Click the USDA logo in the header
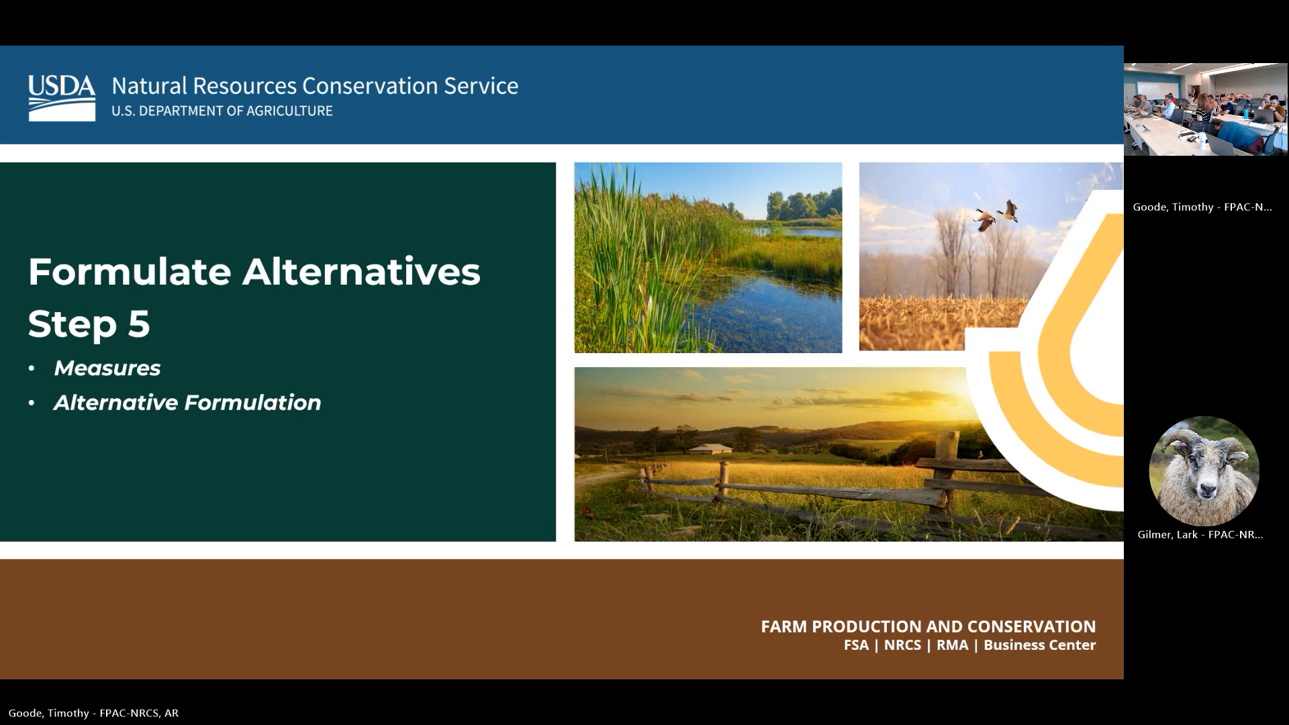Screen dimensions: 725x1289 click(x=62, y=97)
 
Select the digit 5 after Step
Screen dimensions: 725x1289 click(x=138, y=324)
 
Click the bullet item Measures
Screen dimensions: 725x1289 click(x=107, y=368)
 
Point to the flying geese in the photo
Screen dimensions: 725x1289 click(x=997, y=215)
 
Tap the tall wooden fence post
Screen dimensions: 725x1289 click(x=947, y=470)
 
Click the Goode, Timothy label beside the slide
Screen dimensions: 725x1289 click(x=1202, y=207)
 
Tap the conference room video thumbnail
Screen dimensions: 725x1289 click(x=1206, y=109)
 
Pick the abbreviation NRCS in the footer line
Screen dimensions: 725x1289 click(x=902, y=645)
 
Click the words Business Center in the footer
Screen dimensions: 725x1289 click(x=1039, y=645)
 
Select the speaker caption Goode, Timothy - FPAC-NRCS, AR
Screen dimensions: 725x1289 click(x=94, y=713)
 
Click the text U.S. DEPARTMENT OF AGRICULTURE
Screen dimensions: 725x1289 click(x=222, y=111)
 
